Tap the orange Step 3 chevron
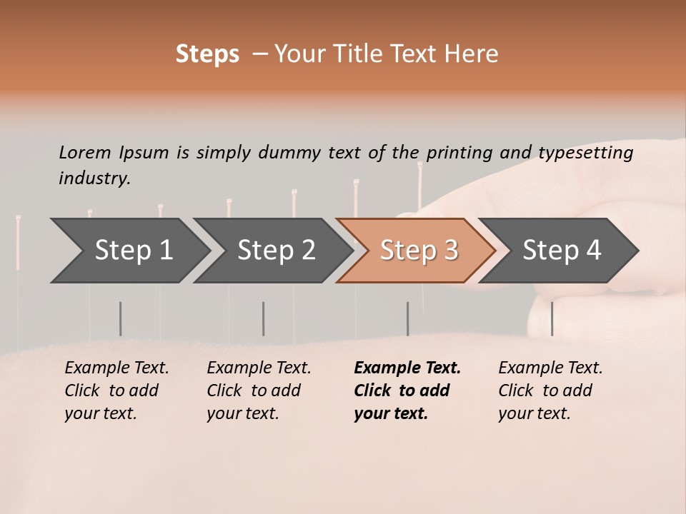coord(419,251)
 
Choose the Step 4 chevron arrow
coord(562,251)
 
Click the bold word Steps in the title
coord(207,54)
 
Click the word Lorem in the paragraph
coord(85,152)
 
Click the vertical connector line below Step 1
coord(120,318)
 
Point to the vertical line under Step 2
coord(263,318)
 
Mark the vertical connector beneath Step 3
coord(407,318)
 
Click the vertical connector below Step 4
coord(552,318)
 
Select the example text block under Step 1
coord(116,390)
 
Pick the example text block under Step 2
coord(259,390)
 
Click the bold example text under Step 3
coord(407,390)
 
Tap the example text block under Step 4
coord(550,390)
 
